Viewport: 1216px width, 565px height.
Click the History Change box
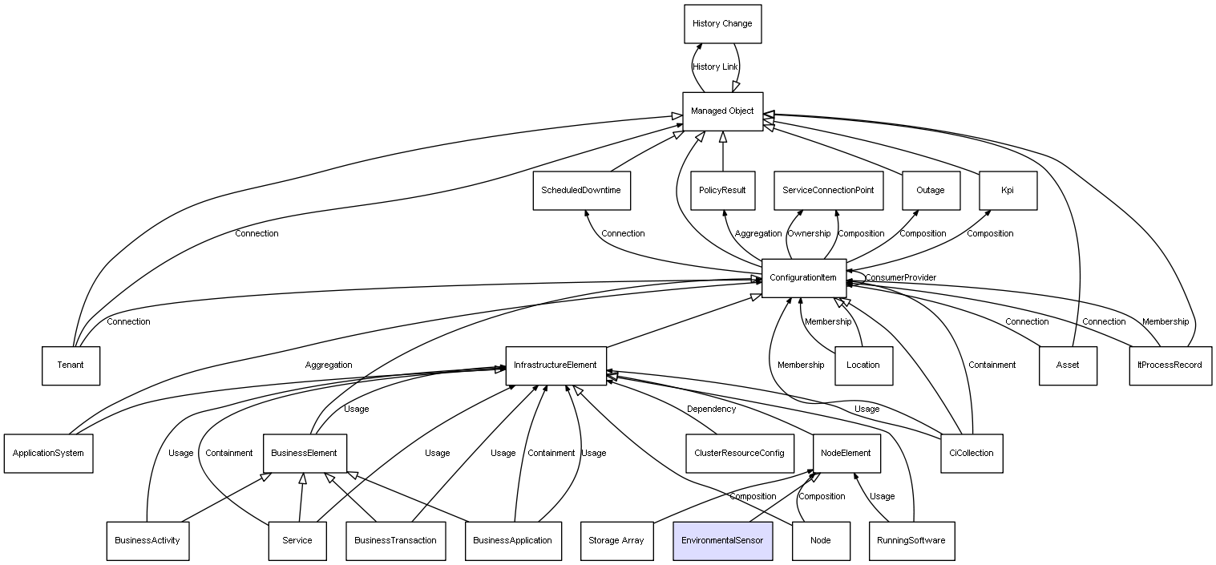tap(722, 24)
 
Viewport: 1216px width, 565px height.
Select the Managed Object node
tap(722, 111)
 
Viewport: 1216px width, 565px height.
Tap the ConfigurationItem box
tap(803, 278)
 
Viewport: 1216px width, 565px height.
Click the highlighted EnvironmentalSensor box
tap(722, 540)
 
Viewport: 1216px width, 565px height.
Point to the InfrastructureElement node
tap(555, 365)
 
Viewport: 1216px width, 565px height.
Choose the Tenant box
tap(71, 365)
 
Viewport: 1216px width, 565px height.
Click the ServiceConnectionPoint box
tap(829, 191)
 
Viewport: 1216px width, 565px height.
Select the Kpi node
tap(1008, 191)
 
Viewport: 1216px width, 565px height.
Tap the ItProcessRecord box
tap(1170, 365)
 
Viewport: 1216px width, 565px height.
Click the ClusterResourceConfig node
tap(739, 453)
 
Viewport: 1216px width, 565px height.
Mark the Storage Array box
tap(616, 540)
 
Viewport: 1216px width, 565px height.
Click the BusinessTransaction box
tap(395, 540)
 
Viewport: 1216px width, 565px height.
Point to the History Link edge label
tap(715, 67)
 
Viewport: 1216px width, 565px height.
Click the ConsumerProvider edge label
tap(900, 278)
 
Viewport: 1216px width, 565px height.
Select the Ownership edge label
tap(808, 234)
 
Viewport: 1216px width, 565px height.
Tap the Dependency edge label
tap(711, 410)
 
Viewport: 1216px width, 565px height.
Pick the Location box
tap(863, 365)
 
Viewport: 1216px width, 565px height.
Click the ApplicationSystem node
tap(48, 453)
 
